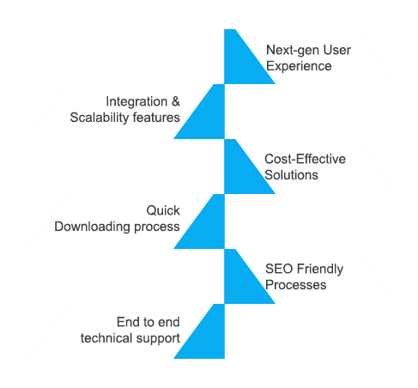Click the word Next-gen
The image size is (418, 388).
292,51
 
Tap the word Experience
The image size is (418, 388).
299,67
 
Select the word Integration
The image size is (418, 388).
136,101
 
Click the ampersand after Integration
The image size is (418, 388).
176,101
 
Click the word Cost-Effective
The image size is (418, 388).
305,159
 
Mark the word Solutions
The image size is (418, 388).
291,175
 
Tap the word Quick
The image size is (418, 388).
163,210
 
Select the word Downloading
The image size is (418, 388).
92,227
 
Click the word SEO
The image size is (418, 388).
279,269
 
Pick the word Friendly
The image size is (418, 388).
320,270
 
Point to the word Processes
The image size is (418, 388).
295,285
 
